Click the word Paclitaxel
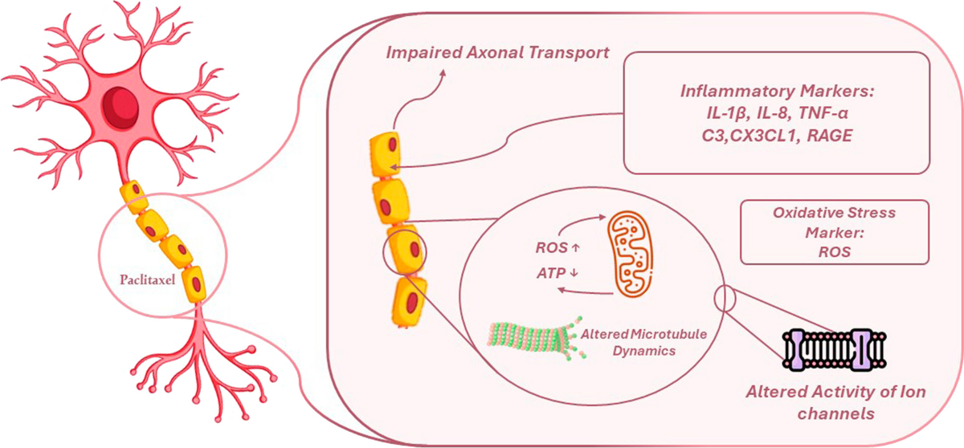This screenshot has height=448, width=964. tap(148, 280)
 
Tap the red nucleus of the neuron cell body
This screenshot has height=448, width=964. tap(120, 107)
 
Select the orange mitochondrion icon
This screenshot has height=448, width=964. tap(630, 254)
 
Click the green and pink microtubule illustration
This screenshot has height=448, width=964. tap(537, 337)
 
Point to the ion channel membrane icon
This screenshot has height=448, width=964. tap(834, 349)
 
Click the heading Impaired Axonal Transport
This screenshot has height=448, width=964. tap(497, 52)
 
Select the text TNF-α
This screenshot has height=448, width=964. tap(823, 113)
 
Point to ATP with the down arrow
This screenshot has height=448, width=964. tap(557, 273)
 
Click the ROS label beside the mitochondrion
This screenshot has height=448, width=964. tap(558, 247)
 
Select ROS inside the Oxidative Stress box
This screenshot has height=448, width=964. tap(834, 251)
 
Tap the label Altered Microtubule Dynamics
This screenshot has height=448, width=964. tap(643, 342)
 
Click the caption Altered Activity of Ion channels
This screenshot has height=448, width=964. tap(835, 402)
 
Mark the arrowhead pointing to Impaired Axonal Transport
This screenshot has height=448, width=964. tap(442, 75)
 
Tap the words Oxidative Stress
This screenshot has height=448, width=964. tap(834, 213)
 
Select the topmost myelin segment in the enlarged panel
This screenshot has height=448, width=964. tap(385, 154)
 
